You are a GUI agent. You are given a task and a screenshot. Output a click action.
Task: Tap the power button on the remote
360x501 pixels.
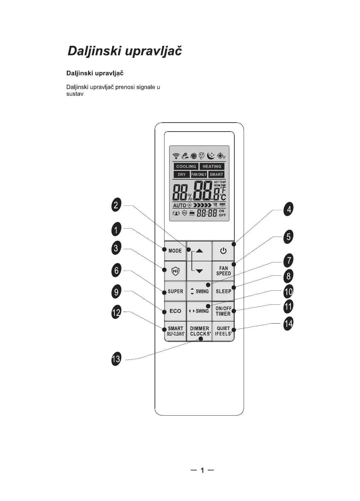coord(223,251)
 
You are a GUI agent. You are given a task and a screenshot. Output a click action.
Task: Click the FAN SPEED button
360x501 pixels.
coord(223,271)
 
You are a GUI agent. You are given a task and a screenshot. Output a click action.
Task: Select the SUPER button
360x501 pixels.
coord(175,291)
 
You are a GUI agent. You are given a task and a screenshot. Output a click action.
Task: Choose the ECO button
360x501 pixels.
coord(175,311)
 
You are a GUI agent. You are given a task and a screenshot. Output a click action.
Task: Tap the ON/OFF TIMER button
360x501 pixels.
coord(223,311)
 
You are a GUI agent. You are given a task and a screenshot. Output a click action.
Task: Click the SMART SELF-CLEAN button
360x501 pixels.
coord(175,331)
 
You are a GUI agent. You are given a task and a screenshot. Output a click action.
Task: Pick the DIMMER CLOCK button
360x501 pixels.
coord(199,331)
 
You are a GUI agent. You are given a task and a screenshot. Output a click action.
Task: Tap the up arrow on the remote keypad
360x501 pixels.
coord(199,251)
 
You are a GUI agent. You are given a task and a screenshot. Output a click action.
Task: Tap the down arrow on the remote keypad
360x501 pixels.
coord(199,271)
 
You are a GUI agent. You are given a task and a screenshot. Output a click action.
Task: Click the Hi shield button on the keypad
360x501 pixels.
coord(175,271)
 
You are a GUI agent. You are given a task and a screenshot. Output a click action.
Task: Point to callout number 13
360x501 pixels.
coord(116,359)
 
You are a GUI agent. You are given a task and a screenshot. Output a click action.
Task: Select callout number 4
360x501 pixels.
coord(289,209)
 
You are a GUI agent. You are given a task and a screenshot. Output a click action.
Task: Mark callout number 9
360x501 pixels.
coord(116,292)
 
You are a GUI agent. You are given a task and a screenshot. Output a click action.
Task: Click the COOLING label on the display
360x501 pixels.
coord(186,166)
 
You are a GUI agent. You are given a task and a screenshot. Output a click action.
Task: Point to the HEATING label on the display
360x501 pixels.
coord(212,166)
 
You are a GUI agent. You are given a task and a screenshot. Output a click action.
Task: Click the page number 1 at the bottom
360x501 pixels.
coord(202,470)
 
